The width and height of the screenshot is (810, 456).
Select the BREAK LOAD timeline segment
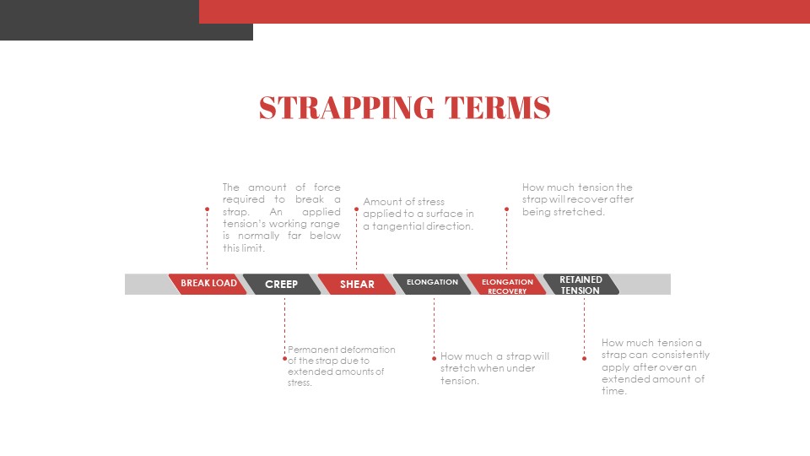[x=208, y=284]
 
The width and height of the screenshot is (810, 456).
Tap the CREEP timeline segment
[x=282, y=285]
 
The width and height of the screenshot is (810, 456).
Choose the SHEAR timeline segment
[x=357, y=285]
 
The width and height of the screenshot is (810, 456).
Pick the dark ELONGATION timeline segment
[x=432, y=284]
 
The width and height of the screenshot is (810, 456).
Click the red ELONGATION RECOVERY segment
[x=507, y=285]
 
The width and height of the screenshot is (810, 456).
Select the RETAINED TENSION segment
[x=580, y=285]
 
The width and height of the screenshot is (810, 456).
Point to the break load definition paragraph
[x=282, y=218]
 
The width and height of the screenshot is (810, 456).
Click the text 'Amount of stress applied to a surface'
[x=418, y=214]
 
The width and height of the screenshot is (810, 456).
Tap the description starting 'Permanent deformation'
[x=341, y=366]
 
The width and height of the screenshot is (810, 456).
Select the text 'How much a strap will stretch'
[x=494, y=368]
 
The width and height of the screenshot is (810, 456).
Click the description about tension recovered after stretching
[x=577, y=199]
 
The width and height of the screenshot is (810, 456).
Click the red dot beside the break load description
[x=207, y=209]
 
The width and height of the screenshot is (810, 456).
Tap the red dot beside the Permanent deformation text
[x=285, y=358]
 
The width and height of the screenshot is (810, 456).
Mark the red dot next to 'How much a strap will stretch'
[x=434, y=358]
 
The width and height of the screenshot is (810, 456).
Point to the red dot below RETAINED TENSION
[x=584, y=358]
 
